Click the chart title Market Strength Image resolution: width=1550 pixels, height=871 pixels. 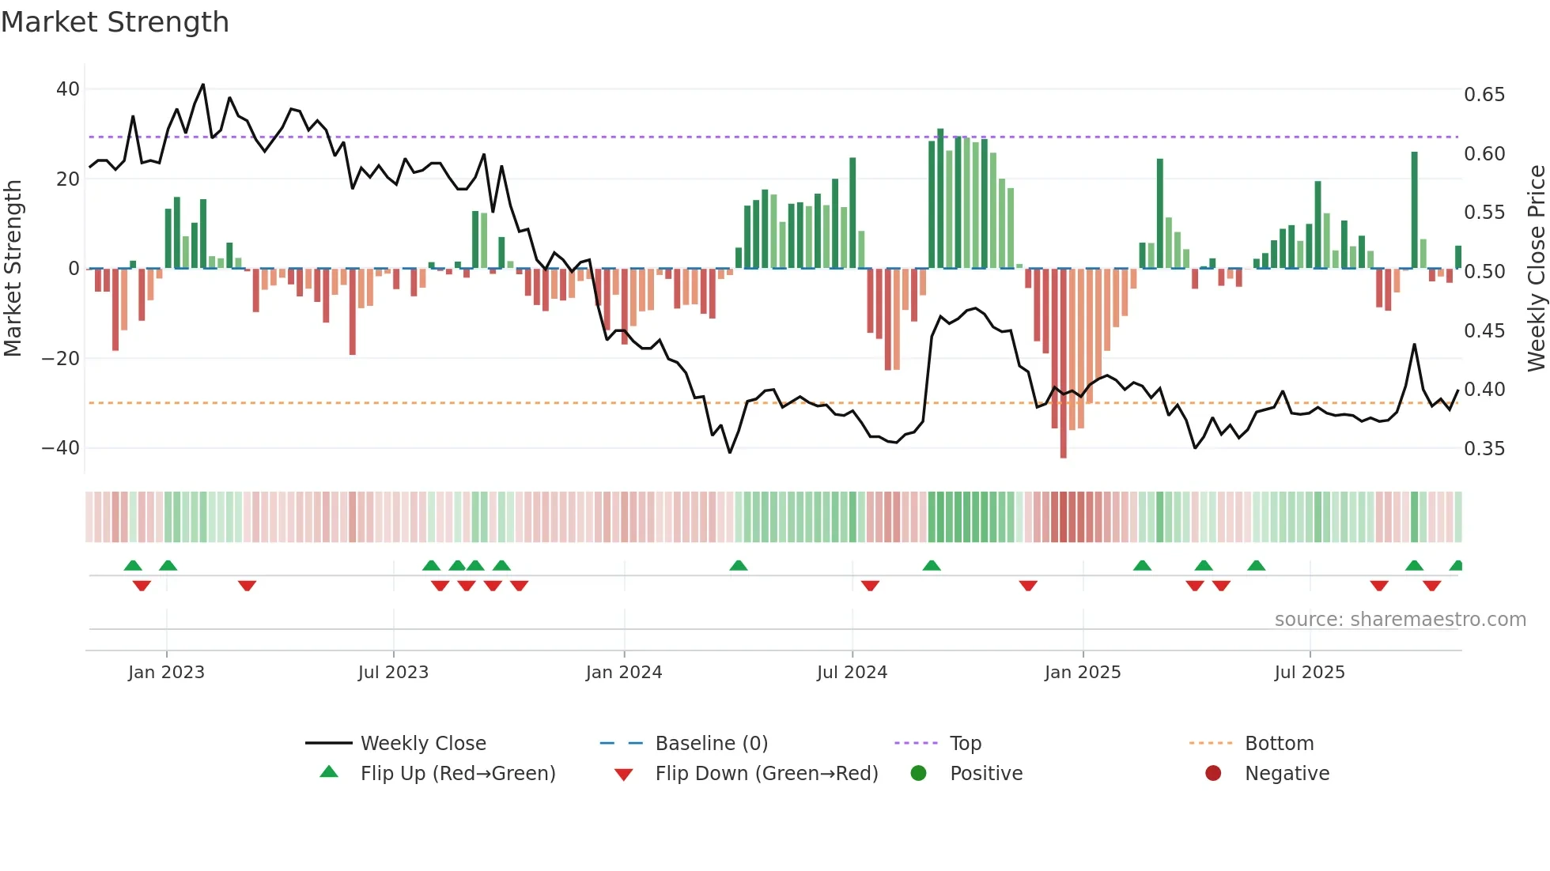tap(115, 22)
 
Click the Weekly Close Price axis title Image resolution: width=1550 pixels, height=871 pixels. tap(1536, 268)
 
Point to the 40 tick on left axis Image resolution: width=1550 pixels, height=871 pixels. tap(68, 89)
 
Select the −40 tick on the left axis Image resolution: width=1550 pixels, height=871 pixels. tap(61, 448)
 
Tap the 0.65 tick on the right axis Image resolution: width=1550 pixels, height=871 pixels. tap(1484, 95)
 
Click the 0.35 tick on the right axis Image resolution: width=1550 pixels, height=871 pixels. tap(1484, 449)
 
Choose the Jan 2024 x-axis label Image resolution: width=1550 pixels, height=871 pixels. tap(623, 673)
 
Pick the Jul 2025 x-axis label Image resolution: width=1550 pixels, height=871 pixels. tap(1309, 673)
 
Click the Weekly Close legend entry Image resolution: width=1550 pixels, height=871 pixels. tap(422, 744)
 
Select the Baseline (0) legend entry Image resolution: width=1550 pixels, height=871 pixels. tap(711, 744)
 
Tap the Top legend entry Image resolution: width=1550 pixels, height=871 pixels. tap(965, 744)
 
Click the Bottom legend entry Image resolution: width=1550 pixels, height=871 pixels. tap(1279, 744)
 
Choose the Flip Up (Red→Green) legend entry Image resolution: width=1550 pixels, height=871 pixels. tap(457, 774)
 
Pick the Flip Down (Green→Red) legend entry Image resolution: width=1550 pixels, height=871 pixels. tap(766, 774)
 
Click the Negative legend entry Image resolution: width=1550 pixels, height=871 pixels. tap(1286, 774)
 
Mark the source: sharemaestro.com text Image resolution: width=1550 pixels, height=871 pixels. tap(1400, 620)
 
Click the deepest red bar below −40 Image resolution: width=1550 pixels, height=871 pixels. tap(1063, 364)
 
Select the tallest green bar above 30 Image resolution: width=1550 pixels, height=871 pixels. tap(940, 198)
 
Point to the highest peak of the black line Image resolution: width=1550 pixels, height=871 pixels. tap(203, 85)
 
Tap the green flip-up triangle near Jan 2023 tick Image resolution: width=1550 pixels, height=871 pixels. tap(168, 565)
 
